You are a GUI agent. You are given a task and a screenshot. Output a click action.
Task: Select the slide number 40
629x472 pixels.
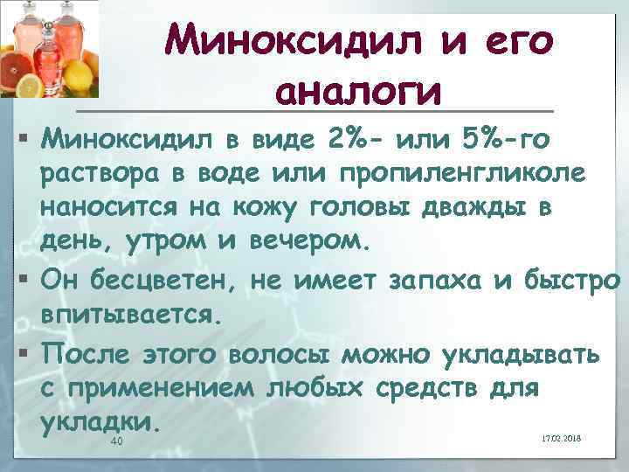point(117,443)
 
